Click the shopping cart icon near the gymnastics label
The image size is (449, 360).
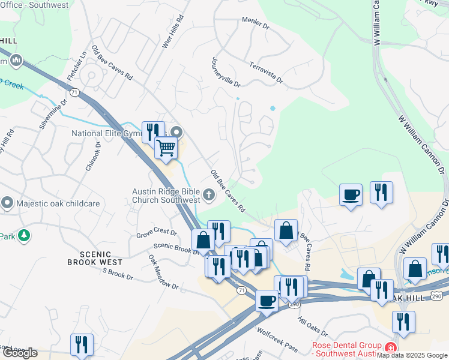pos(166,147)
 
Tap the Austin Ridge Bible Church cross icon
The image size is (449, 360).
pos(209,194)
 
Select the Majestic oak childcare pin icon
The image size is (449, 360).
pos(7,203)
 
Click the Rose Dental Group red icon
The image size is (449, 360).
pos(390,347)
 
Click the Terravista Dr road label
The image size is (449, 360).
pos(264,71)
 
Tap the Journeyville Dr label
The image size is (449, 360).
pos(226,73)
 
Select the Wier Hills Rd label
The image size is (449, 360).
pos(172,34)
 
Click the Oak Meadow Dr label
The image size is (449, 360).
pos(164,272)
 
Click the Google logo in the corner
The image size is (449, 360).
pos(20,353)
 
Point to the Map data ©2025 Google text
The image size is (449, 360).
pos(412,355)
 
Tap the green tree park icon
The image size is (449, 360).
pos(24,236)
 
